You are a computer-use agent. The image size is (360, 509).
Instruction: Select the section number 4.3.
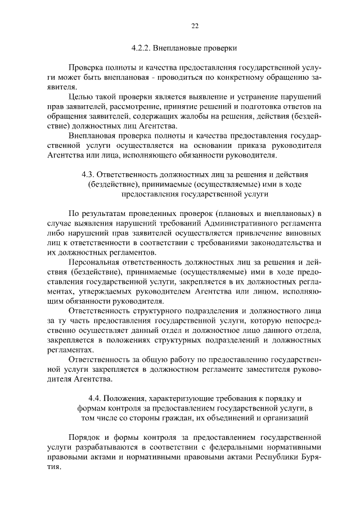(91, 175)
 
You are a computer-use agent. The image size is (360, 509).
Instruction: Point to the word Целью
(78, 96)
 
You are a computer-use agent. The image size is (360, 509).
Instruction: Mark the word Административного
(241, 223)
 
